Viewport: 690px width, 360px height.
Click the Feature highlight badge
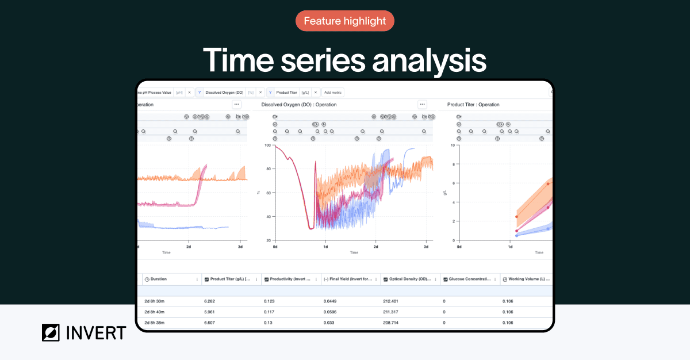tap(345, 21)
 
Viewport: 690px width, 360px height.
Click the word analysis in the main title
tap(429, 60)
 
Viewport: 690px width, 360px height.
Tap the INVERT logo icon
tap(52, 332)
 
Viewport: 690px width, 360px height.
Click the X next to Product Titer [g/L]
tap(316, 92)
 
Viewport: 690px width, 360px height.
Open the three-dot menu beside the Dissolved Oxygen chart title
tap(423, 105)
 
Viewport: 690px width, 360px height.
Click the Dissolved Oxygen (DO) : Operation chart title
tap(299, 105)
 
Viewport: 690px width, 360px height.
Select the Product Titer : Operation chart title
tap(473, 105)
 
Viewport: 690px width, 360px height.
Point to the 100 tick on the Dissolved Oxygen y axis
tap(267, 145)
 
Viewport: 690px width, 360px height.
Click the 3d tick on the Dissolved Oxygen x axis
tap(426, 247)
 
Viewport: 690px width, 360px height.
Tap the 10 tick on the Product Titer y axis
tap(453, 145)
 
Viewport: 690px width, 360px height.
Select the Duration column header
tap(159, 279)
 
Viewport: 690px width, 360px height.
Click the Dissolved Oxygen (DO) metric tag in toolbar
tap(225, 92)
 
